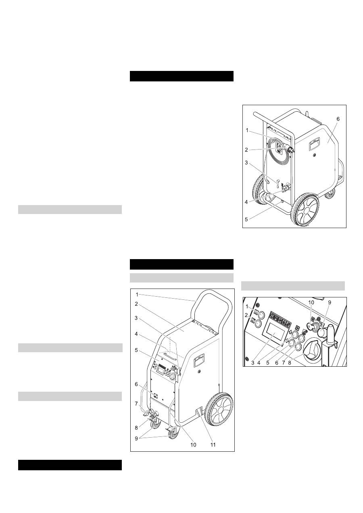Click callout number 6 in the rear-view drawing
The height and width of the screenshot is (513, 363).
click(x=338, y=119)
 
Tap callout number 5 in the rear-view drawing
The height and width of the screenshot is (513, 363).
click(x=246, y=219)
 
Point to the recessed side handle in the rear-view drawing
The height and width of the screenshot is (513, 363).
click(x=315, y=145)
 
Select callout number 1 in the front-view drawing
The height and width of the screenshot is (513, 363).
click(x=137, y=295)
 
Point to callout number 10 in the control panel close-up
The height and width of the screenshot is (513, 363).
click(x=311, y=303)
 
